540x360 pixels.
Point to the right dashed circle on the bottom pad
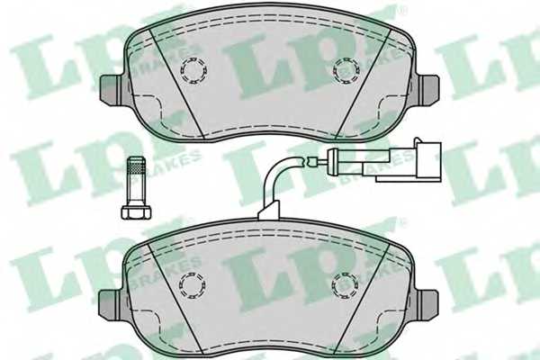(x=345, y=285)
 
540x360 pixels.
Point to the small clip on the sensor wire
(x=312, y=161)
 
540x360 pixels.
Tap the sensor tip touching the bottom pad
(x=267, y=213)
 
